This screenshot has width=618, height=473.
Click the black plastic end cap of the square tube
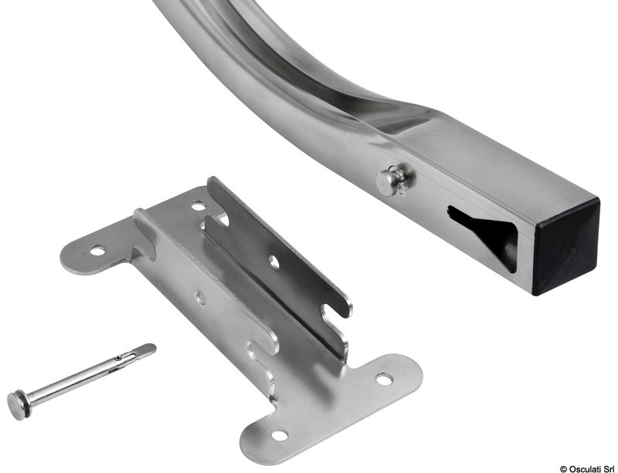[x=565, y=246]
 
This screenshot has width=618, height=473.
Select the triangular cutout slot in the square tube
[x=484, y=235]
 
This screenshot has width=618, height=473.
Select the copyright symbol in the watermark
[x=564, y=469]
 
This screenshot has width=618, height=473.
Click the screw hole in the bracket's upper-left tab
[x=98, y=251]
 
